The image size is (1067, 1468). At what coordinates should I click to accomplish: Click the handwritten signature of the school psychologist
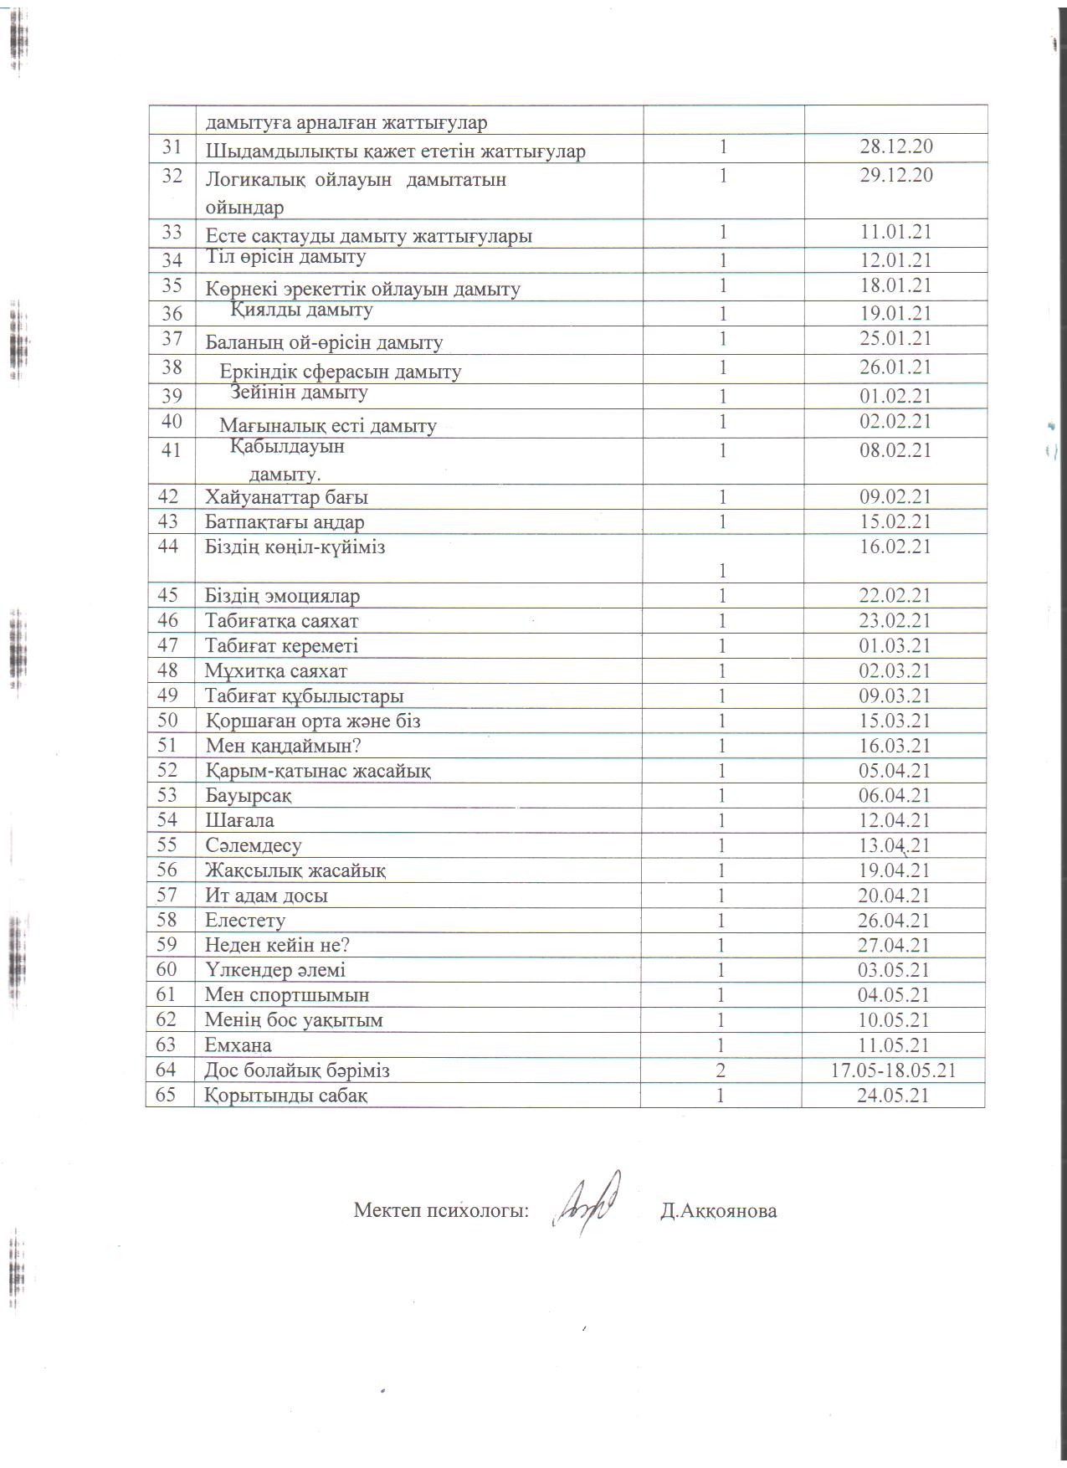[589, 1202]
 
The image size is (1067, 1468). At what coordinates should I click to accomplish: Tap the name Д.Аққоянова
[718, 1210]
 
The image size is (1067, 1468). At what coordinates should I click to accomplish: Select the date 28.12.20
[895, 146]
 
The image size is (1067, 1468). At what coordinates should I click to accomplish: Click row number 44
[171, 547]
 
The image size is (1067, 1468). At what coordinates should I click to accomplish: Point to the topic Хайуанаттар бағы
[286, 497]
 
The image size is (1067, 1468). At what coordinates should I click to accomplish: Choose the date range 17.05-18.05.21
[894, 1070]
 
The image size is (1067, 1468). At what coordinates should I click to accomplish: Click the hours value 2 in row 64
[721, 1070]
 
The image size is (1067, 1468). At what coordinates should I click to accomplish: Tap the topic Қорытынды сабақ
[286, 1096]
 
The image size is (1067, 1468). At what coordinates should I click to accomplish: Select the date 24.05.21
[894, 1096]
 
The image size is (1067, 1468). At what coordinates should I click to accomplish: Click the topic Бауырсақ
[249, 796]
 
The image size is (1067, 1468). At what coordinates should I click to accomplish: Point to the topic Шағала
[239, 821]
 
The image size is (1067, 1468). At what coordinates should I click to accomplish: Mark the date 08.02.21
[895, 450]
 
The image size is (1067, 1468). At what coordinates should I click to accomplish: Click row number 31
[172, 146]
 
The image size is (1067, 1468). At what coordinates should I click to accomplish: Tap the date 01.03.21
[895, 646]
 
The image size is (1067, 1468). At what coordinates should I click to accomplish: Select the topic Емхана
[239, 1045]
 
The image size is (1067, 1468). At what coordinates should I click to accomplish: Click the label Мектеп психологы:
[441, 1210]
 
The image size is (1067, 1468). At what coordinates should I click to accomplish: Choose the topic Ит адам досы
[266, 896]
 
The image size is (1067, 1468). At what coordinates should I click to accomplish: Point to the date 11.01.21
[895, 233]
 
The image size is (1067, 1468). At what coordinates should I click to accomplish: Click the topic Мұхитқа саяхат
[276, 671]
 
